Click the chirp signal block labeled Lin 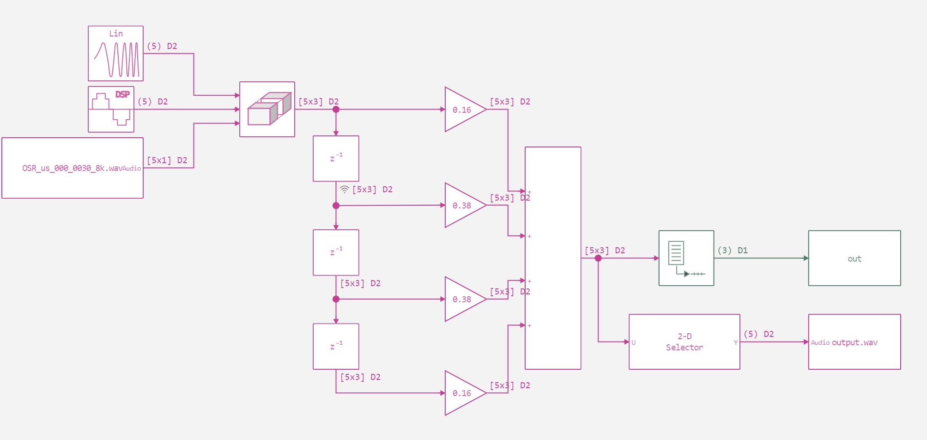[x=115, y=54]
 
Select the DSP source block [x=111, y=110]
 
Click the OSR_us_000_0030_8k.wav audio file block [x=73, y=168]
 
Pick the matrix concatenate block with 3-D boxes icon [x=267, y=110]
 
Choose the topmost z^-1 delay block [x=336, y=159]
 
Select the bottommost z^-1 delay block [x=336, y=346]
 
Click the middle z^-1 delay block [x=336, y=252]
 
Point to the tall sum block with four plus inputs [x=553, y=258]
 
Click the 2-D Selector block [x=684, y=342]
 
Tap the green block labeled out [x=854, y=258]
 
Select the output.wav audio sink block [x=854, y=342]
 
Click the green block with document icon [x=686, y=258]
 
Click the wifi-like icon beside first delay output [x=345, y=189]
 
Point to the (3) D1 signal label [x=732, y=251]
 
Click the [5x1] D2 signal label [x=167, y=160]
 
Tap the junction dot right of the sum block [x=598, y=258]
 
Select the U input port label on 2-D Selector [x=634, y=342]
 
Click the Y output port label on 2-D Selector [x=735, y=342]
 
